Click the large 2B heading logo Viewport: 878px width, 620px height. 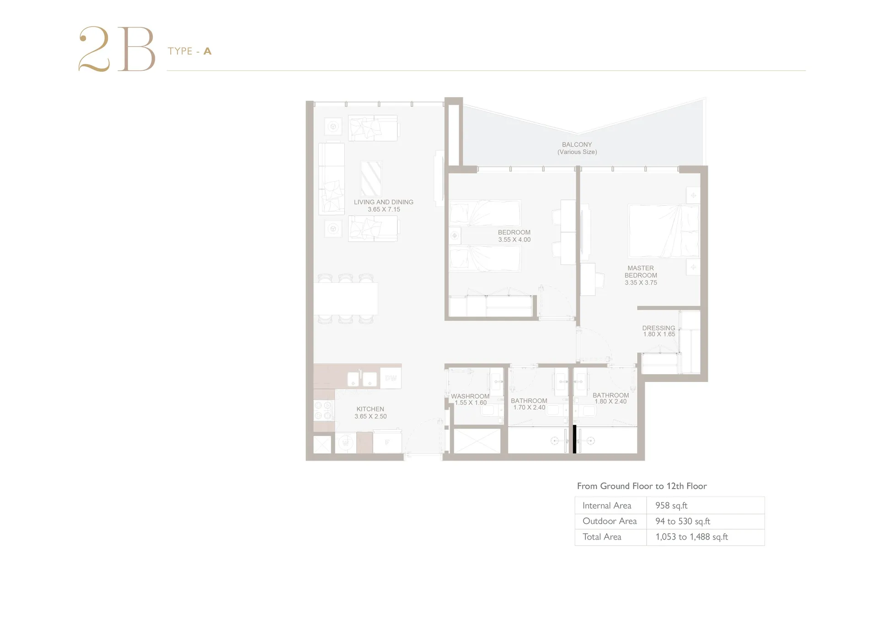click(x=117, y=49)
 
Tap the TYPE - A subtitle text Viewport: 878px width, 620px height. click(x=189, y=51)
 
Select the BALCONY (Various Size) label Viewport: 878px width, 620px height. click(x=577, y=148)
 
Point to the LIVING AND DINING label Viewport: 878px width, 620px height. click(x=384, y=202)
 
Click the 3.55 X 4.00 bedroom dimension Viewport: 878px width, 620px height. click(x=514, y=239)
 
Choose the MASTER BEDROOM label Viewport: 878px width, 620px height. click(x=641, y=272)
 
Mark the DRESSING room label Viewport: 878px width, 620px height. click(x=658, y=328)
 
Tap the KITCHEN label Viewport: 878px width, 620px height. click(x=370, y=409)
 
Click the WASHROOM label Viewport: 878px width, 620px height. click(x=470, y=396)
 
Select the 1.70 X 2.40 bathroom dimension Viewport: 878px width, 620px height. click(x=529, y=408)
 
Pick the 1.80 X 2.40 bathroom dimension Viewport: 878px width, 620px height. click(x=610, y=402)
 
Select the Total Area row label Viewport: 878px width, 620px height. click(x=602, y=537)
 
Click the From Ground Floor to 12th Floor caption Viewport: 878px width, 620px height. click(x=642, y=486)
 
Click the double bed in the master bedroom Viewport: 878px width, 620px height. click(x=664, y=231)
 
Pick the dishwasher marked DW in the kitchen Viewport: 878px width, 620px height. click(x=391, y=378)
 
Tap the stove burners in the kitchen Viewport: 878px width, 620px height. click(x=324, y=410)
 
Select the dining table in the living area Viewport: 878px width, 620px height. click(x=346, y=298)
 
